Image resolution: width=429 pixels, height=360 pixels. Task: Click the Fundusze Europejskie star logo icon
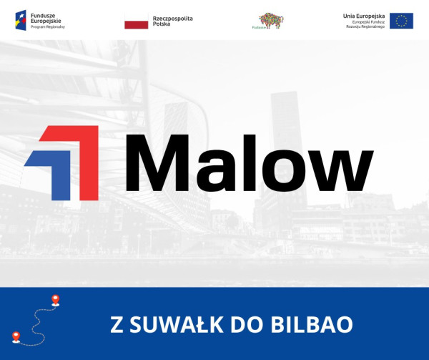[x=21, y=19]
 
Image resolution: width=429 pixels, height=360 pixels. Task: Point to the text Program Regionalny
[x=47, y=27]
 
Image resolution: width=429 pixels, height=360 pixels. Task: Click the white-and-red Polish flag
[x=136, y=21]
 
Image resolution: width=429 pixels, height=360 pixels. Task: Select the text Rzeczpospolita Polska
[x=173, y=20]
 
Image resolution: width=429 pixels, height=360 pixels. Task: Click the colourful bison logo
[x=270, y=21]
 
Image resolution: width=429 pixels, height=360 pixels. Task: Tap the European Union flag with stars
[x=401, y=21]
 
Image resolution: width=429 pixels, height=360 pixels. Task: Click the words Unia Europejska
[x=363, y=15]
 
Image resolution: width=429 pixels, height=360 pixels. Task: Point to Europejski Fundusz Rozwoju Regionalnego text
[x=363, y=24]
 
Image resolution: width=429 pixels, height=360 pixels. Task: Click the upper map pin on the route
[x=55, y=300]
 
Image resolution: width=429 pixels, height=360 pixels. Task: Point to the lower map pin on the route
[x=16, y=335]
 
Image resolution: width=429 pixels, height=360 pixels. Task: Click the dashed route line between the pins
[x=36, y=318]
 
